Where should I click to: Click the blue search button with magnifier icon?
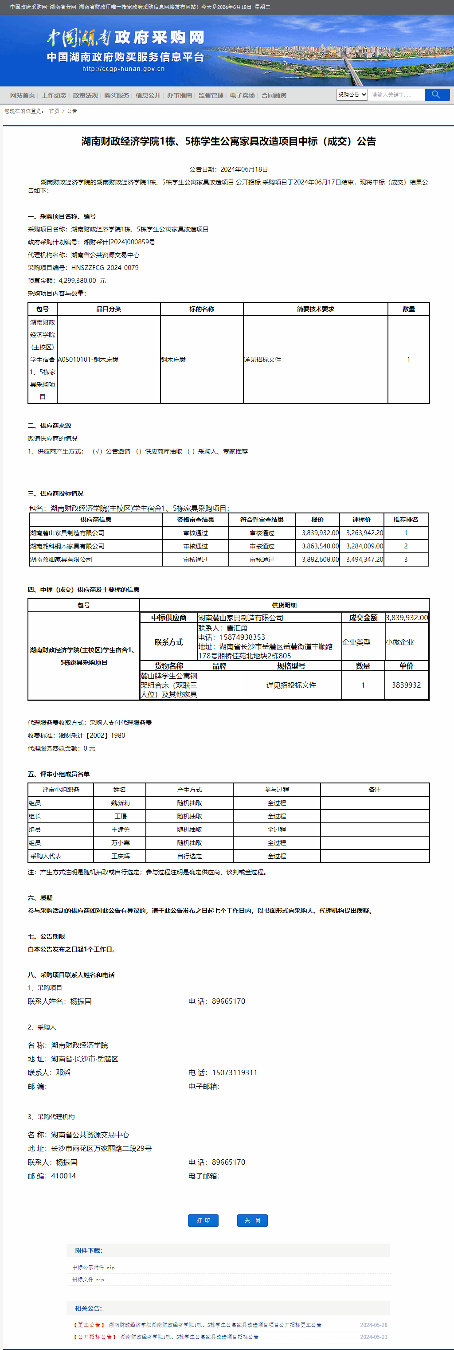coord(436,95)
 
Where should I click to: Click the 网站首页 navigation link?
coord(23,95)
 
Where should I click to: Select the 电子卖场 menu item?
coord(242,95)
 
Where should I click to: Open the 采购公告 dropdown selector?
coord(352,95)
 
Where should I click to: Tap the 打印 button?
coord(203,1221)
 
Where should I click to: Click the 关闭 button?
coord(252,1221)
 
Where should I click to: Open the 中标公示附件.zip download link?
coord(93,1267)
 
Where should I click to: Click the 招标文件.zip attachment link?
coord(88,1279)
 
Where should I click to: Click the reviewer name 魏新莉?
coord(120,803)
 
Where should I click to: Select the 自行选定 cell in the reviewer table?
coord(189,856)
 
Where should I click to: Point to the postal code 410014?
coord(63,1176)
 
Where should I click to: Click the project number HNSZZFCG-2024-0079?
coord(105,268)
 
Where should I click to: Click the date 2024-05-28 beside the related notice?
coord(373,1325)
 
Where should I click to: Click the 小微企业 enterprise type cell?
coord(399,642)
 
